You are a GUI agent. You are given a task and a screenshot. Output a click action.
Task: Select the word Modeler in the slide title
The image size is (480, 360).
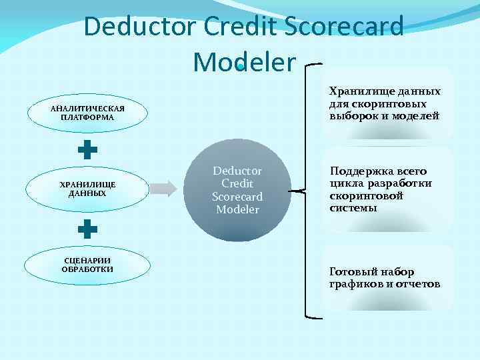(x=243, y=62)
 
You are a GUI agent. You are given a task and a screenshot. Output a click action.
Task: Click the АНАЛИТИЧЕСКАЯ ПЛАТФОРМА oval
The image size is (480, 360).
(x=87, y=113)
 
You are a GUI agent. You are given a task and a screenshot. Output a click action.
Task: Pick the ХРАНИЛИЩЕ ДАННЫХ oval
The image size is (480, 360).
(x=87, y=189)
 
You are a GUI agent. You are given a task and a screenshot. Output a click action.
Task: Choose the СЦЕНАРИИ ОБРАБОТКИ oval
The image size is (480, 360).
(x=87, y=265)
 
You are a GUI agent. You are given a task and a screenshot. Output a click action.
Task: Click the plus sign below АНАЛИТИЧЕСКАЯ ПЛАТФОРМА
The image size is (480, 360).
(x=87, y=149)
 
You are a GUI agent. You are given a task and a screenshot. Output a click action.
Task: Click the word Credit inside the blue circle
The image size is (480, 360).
(x=237, y=183)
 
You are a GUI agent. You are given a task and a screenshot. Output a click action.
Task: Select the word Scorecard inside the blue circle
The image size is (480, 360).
(x=237, y=197)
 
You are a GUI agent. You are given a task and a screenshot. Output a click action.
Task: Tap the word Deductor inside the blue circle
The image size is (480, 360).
(x=237, y=171)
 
